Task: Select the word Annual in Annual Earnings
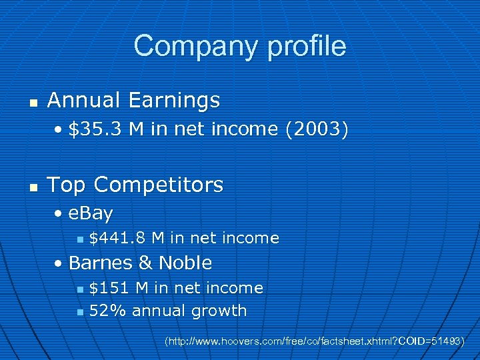[x=85, y=100]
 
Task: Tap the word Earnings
[x=174, y=100]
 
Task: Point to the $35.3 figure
[x=96, y=129]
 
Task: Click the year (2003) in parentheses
[x=317, y=129]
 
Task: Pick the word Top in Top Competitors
[x=67, y=185]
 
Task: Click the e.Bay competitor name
[x=91, y=213]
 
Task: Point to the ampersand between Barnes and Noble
[x=145, y=263]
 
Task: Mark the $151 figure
[x=109, y=288]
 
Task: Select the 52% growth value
[x=108, y=311]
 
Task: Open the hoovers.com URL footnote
[x=314, y=341]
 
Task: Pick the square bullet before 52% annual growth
[x=80, y=312]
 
